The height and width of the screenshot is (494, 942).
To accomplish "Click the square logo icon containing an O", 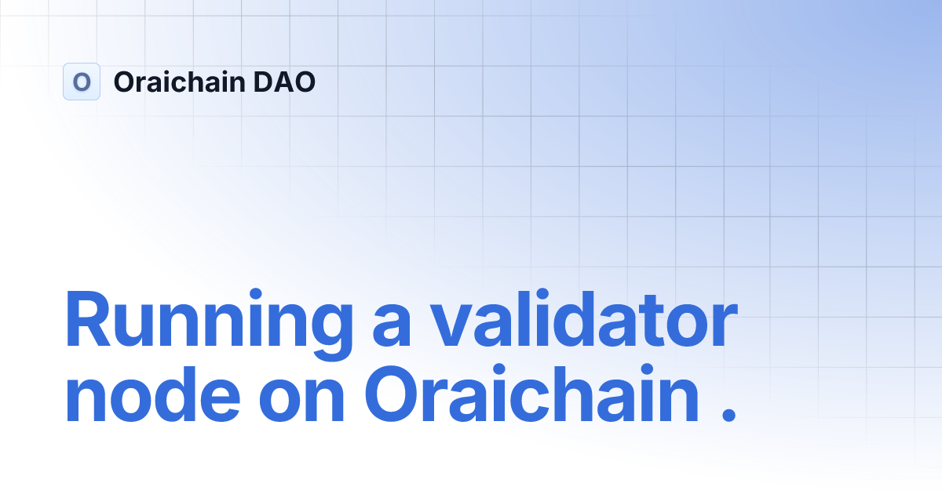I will (x=82, y=82).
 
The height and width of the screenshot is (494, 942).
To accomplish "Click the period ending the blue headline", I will (x=728, y=416).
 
